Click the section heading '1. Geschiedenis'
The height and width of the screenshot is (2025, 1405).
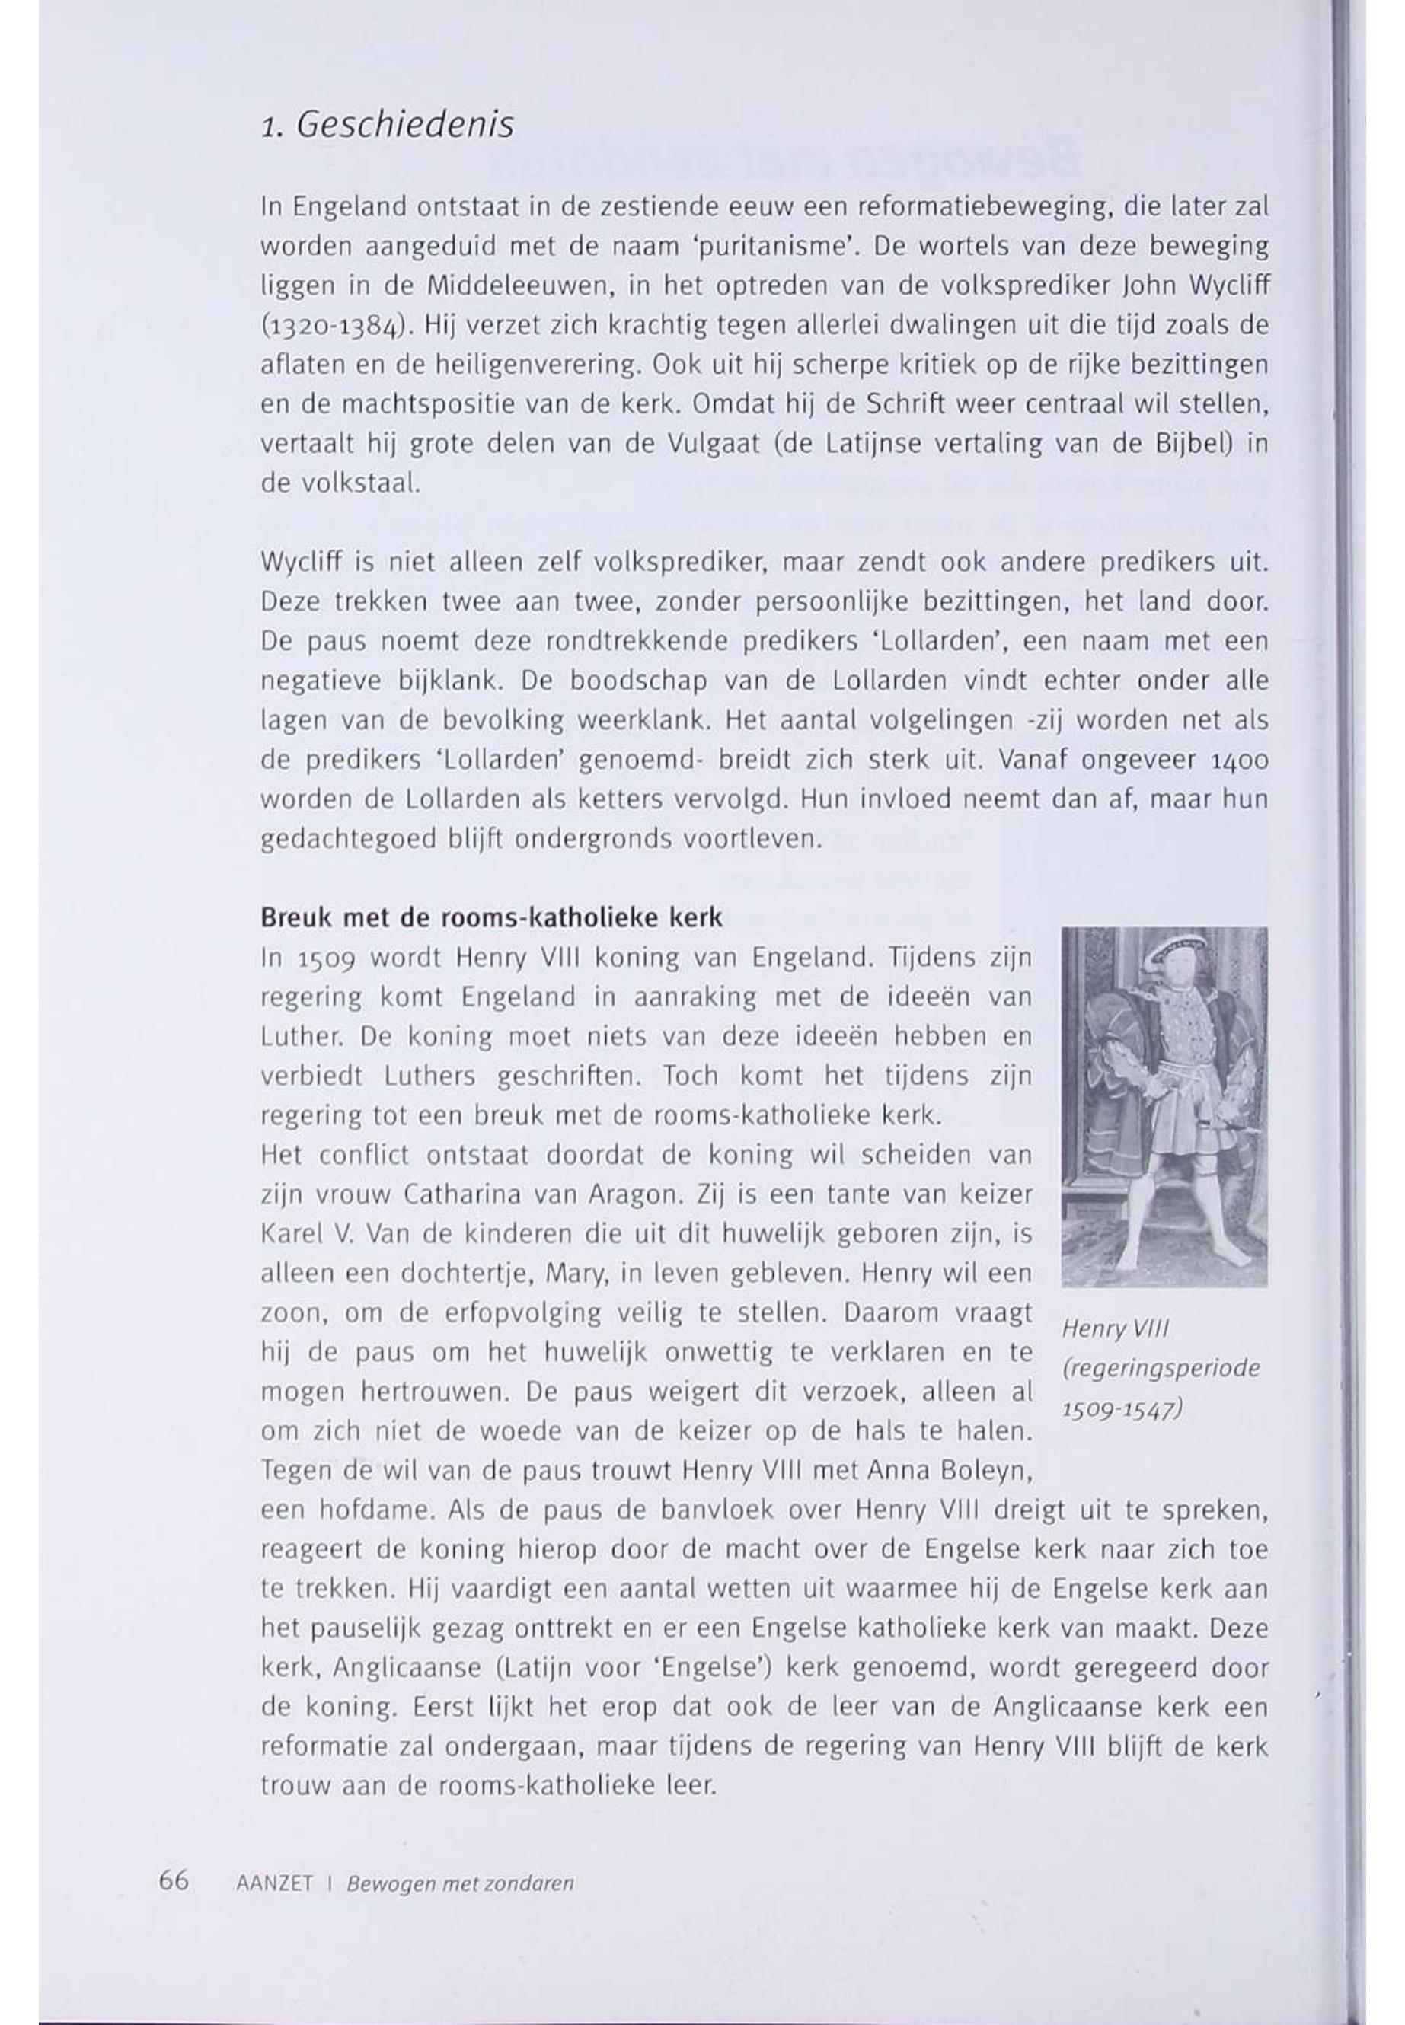388,126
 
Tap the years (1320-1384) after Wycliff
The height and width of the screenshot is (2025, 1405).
337,327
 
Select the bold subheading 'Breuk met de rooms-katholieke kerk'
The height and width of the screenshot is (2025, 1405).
491,918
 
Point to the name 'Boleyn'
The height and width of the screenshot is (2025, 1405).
987,1471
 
